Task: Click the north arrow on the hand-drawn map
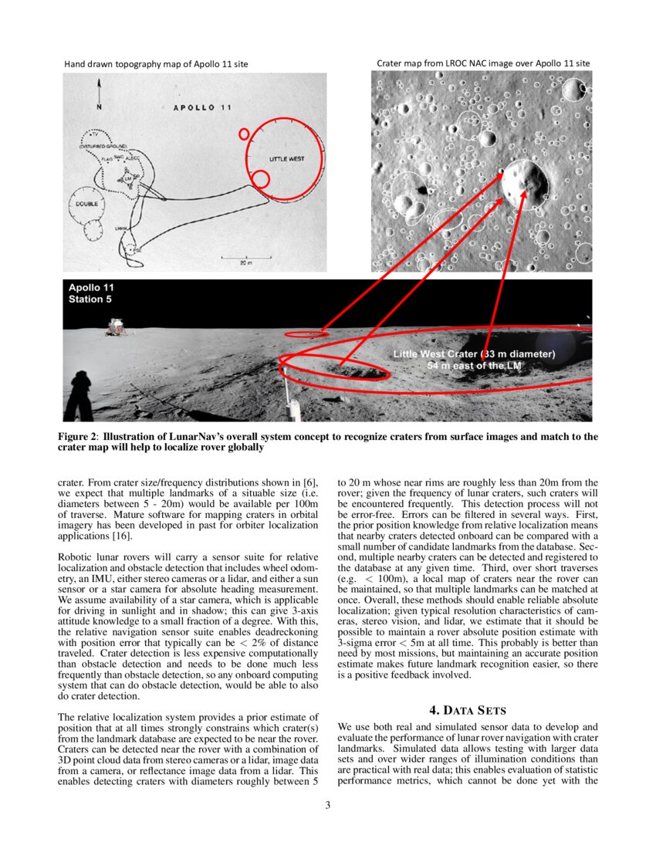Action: (98, 97)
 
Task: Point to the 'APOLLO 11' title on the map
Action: (201, 107)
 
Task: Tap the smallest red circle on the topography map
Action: (244, 134)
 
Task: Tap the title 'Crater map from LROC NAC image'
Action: (483, 63)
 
